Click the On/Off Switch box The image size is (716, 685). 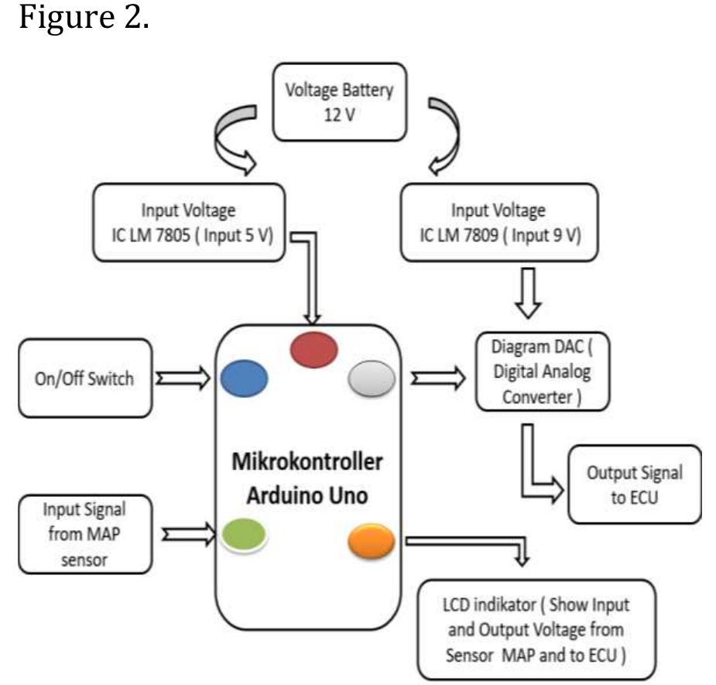pyautogui.click(x=82, y=378)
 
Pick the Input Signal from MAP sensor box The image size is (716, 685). pyautogui.click(x=83, y=535)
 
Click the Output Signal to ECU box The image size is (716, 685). pyautogui.click(x=635, y=485)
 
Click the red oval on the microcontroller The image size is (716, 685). pyautogui.click(x=314, y=351)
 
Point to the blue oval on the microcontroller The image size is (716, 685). pyautogui.click(x=244, y=379)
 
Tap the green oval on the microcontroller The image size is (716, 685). pyautogui.click(x=244, y=534)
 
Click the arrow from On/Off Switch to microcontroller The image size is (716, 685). pyautogui.click(x=183, y=378)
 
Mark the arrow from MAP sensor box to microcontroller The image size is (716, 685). pyautogui.click(x=189, y=532)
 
